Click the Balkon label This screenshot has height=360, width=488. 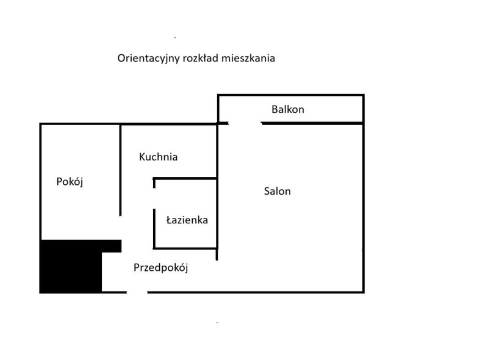tap(287, 109)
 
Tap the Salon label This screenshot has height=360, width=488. tap(278, 191)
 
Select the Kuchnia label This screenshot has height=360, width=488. tap(158, 157)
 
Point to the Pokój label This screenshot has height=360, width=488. tap(70, 181)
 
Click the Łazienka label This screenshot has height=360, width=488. tap(187, 220)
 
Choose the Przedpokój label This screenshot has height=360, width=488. tap(160, 268)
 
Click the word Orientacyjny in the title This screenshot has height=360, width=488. tap(148, 59)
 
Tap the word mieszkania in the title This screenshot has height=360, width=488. tap(248, 58)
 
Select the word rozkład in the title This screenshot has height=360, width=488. tap(201, 58)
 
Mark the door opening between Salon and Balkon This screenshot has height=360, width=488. tap(245, 123)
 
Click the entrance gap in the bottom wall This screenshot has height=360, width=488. tap(137, 292)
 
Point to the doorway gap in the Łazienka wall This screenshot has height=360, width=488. tap(154, 199)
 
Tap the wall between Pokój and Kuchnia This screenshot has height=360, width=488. tap(120, 170)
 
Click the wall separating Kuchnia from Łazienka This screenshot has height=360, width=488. tap(185, 178)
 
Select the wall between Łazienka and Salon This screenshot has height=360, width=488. tap(217, 214)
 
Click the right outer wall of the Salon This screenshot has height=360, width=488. tap(363, 208)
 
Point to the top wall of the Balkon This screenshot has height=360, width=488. tap(291, 95)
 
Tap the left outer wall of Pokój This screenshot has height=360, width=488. tap(40, 182)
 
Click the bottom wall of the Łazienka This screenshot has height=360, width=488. tap(185, 248)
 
